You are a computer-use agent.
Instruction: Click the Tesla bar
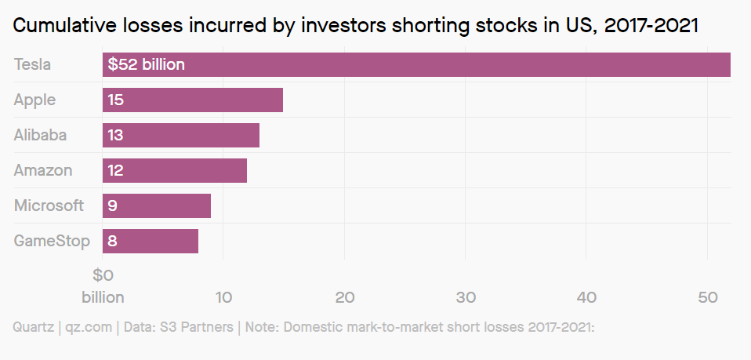coord(416,65)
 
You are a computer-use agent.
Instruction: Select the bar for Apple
coord(193,100)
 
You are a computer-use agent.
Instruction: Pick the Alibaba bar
coord(181,135)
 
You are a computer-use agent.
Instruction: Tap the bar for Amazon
coord(175,170)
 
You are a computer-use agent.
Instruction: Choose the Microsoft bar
coord(157,205)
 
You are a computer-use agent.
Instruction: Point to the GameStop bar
coord(151,241)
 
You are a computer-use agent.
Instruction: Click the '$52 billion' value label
coord(146,65)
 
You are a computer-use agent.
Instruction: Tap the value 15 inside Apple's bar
coord(115,100)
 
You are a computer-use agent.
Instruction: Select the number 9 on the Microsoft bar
coord(113,206)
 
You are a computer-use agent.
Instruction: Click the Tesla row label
coord(32,64)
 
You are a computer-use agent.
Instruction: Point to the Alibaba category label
coord(40,135)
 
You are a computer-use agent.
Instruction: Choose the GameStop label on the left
coord(52,241)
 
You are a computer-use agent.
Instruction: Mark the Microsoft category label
coord(49,205)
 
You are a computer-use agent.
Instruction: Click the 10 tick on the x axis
coord(223,298)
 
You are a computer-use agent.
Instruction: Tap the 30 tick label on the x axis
coord(466,298)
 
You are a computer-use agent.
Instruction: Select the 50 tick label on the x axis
coord(707,298)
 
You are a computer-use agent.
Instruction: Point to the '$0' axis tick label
coord(103,275)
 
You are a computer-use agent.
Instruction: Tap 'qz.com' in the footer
coord(89,327)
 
